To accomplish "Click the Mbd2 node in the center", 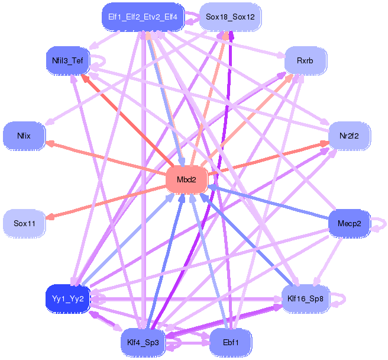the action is [x=186, y=179].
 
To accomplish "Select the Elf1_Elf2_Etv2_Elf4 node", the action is [x=143, y=17].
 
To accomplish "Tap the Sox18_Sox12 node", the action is [x=230, y=17].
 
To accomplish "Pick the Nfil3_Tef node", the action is [x=67, y=61].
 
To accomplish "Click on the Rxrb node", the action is [x=305, y=61].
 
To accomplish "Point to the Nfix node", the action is [x=24, y=136].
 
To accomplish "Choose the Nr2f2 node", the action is [x=349, y=136].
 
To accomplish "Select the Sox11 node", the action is [x=24, y=223].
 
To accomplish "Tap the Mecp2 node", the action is [x=349, y=223].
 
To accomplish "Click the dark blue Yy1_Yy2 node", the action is [x=67, y=299].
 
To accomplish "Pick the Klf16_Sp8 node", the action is [x=305, y=299].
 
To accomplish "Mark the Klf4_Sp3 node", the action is [x=143, y=343].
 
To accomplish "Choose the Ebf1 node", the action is [x=231, y=343].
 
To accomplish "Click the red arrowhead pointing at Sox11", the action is [x=50, y=217].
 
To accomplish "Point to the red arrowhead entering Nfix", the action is [x=50, y=143].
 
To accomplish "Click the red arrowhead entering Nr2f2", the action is [x=324, y=143].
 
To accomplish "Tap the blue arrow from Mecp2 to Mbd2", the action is [x=269, y=202].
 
